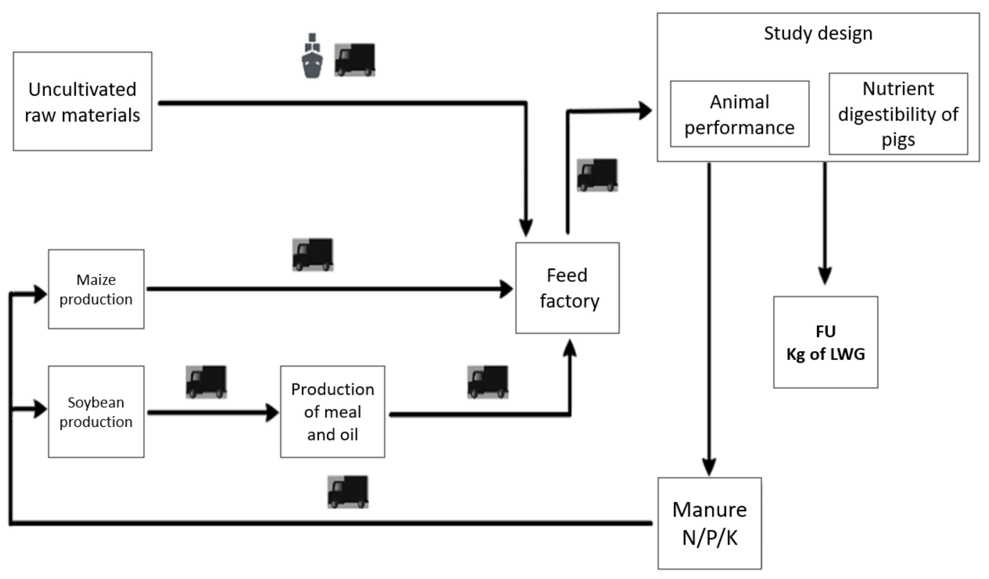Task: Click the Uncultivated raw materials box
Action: [82, 101]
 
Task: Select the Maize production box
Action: [96, 289]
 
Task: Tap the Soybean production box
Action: [96, 412]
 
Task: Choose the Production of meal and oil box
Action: [332, 412]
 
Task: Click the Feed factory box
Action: [567, 288]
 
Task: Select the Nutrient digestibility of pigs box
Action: [898, 114]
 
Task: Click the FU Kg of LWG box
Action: [825, 342]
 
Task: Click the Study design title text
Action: [818, 33]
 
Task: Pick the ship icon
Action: [312, 56]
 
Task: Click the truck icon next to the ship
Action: [355, 60]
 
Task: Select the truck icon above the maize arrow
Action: [313, 254]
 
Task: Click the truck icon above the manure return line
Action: [348, 492]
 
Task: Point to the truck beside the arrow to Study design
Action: [597, 175]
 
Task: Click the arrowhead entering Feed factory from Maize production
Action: [506, 289]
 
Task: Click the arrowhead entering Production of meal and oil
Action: [272, 413]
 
